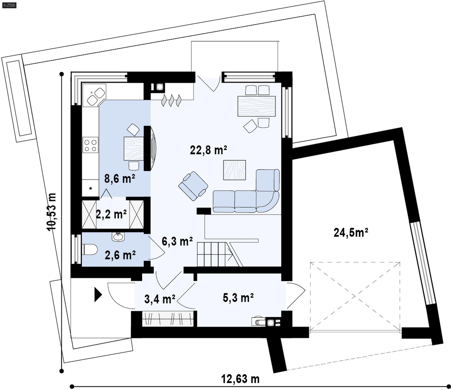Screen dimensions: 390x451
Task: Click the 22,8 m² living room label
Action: point(208,150)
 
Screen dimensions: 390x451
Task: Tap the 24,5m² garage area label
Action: point(351,233)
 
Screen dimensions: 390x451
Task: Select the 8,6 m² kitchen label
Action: point(120,179)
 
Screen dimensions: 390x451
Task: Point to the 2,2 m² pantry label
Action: point(111,214)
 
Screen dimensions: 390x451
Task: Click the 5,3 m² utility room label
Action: point(238,298)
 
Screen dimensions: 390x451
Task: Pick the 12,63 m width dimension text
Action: point(240,379)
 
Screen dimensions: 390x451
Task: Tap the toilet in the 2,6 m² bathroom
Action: point(90,250)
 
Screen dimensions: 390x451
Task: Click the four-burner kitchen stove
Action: point(90,145)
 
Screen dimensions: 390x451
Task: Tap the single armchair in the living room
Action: point(193,186)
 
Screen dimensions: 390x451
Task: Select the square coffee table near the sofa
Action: point(234,170)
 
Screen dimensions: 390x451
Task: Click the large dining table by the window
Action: point(256,106)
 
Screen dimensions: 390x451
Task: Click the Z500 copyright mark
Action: point(9,5)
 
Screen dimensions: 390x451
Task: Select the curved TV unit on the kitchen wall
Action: point(153,148)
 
